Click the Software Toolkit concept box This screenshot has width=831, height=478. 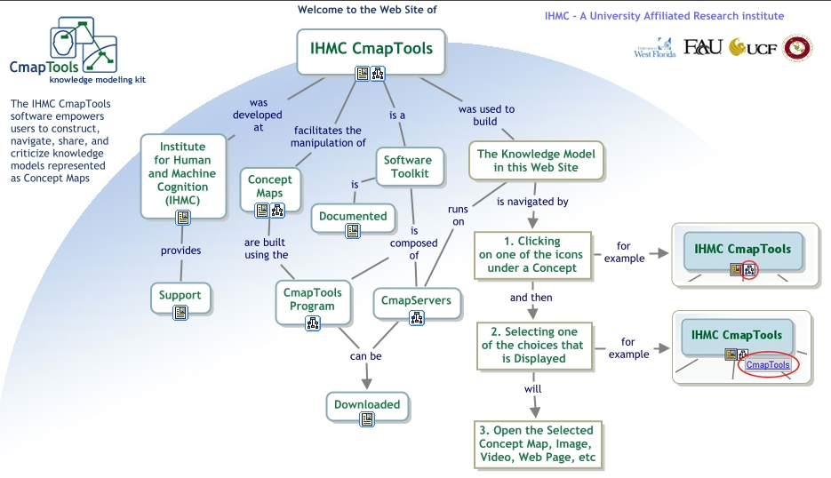tap(407, 167)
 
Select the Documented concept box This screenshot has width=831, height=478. tap(353, 216)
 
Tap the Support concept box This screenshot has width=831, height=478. tap(180, 295)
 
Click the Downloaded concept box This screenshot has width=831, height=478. tap(367, 404)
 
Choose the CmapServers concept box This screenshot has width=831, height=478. tap(416, 300)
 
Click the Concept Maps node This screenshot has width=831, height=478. tap(269, 187)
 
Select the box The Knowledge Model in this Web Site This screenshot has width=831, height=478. tap(536, 161)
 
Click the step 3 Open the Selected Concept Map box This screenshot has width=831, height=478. tap(536, 444)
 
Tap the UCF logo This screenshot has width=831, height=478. tap(752, 47)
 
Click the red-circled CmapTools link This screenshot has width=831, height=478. tap(768, 365)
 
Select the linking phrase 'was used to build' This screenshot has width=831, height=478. tap(486, 116)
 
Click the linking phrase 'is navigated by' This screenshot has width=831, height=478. tap(532, 202)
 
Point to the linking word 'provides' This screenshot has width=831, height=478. tap(180, 251)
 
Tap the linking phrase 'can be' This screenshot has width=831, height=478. tap(366, 356)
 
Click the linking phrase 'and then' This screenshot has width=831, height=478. tap(531, 298)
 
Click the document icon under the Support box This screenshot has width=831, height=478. tap(180, 312)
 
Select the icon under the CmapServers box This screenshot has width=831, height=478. tap(416, 318)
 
